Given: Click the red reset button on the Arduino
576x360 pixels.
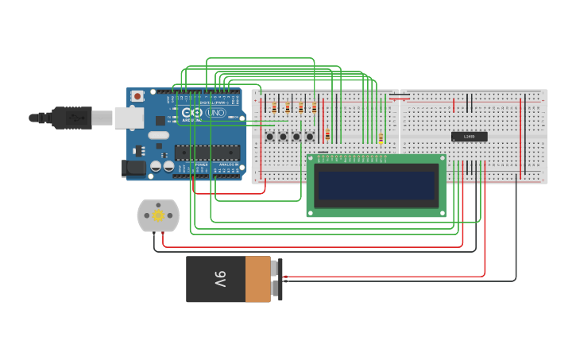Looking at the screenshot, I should point(137,96).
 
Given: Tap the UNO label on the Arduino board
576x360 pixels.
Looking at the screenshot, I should point(216,113).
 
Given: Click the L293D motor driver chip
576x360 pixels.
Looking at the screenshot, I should point(469,137).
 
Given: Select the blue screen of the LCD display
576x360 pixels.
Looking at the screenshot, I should point(376,185).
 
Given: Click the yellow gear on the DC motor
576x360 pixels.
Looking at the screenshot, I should point(158,215).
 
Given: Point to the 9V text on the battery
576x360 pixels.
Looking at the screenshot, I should point(219,279).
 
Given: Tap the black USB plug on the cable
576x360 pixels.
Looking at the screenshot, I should point(72,118).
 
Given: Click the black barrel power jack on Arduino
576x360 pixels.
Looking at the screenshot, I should point(132,167).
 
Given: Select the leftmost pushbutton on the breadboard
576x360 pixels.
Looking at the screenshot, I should point(269,136).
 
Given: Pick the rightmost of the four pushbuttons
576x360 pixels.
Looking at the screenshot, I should point(310,136).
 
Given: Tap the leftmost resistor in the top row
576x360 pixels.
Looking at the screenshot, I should point(274,108).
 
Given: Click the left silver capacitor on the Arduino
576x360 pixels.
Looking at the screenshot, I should point(157,166).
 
